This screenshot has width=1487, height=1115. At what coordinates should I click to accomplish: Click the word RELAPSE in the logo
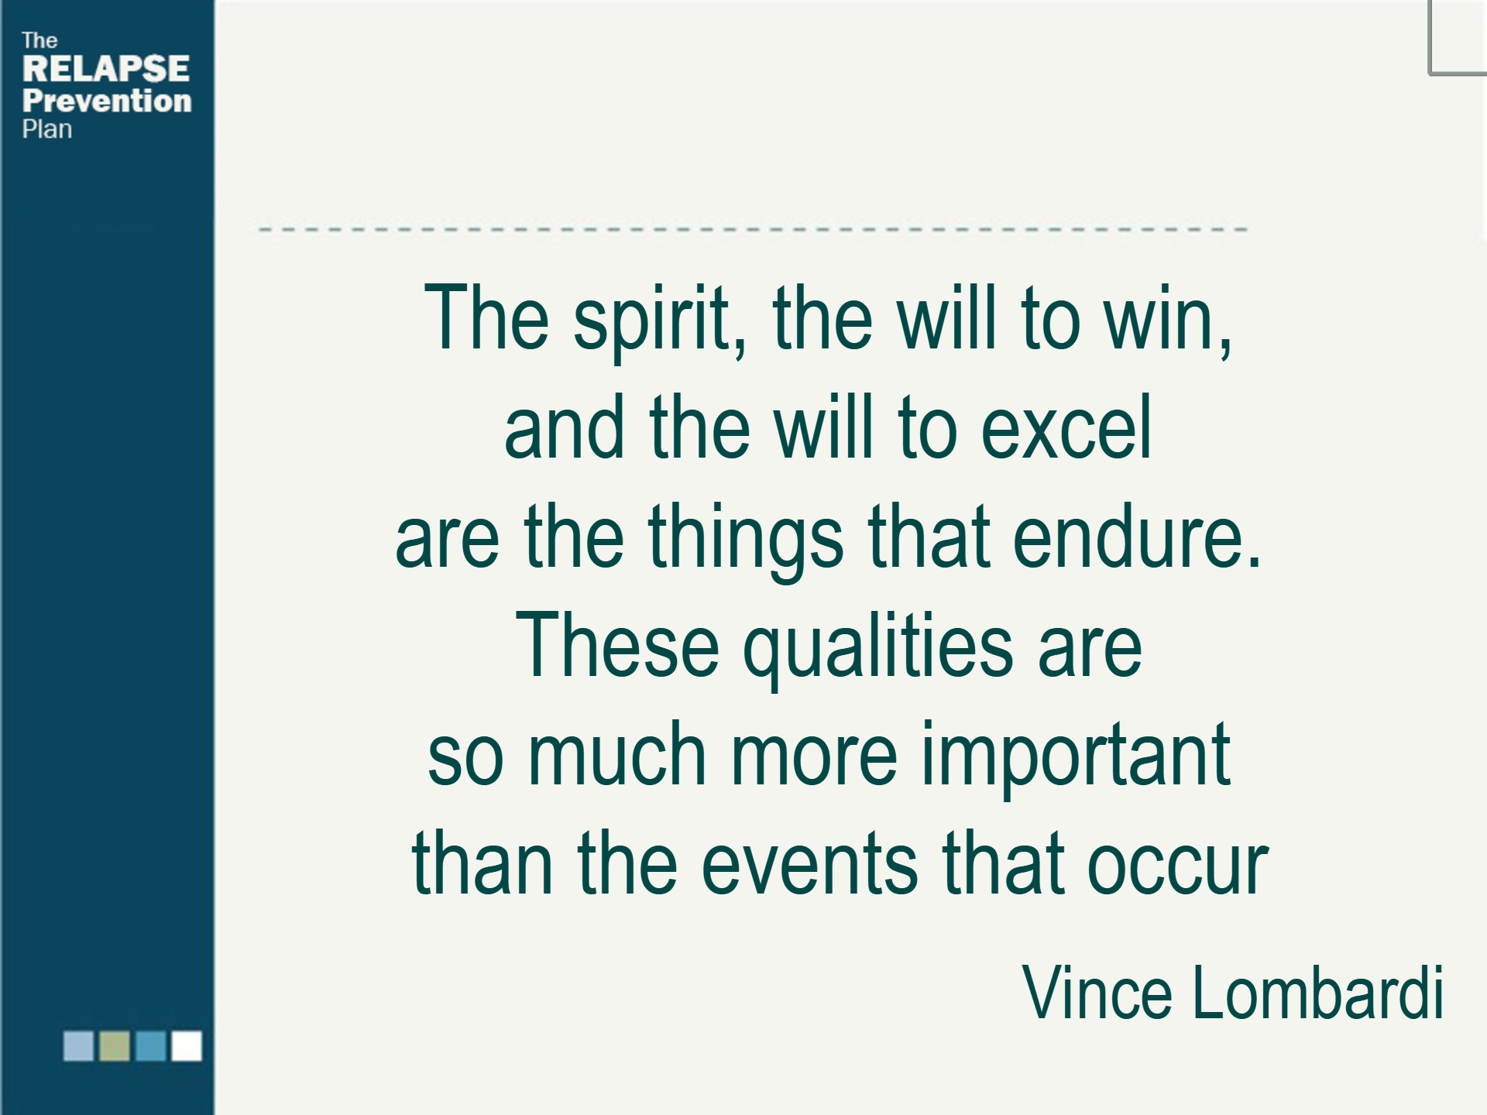(106, 68)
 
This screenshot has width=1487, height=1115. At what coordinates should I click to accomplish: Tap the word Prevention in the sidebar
(107, 101)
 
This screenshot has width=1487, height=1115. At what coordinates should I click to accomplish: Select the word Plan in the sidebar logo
(47, 129)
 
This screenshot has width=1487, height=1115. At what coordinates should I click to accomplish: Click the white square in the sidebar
(187, 1045)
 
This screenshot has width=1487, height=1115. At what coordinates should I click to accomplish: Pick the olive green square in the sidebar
(115, 1045)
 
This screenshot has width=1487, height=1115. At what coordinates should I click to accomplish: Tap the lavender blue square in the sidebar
(78, 1045)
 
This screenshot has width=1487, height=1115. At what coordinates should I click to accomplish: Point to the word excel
(1066, 427)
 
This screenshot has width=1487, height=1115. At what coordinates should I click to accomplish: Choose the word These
(617, 645)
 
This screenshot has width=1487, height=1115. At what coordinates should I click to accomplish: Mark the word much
(617, 754)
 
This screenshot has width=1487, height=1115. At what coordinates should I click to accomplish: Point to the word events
(809, 864)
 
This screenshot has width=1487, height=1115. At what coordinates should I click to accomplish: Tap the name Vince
(1097, 993)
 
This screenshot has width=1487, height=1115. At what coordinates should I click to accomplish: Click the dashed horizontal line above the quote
(753, 230)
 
